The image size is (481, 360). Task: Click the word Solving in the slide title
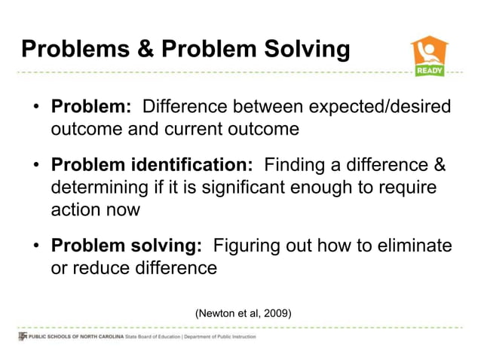305,50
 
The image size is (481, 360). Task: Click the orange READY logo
428,56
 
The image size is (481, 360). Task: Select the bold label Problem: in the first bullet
91,106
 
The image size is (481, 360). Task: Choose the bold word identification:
195,164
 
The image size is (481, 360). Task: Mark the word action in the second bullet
75,209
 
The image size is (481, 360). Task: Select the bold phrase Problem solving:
126,245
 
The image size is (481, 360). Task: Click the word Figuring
248,245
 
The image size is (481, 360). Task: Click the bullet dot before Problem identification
36,165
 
